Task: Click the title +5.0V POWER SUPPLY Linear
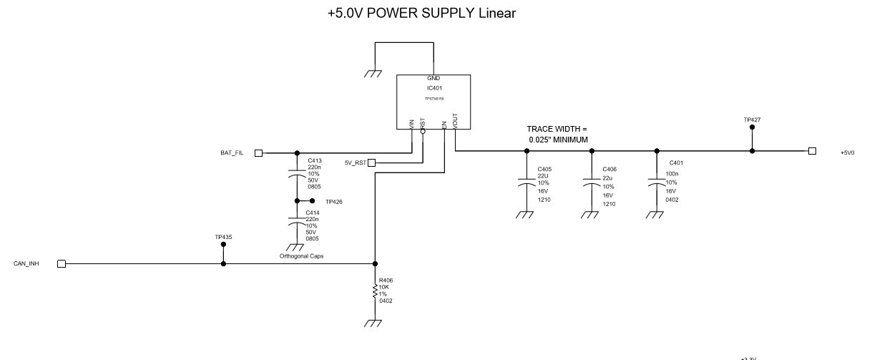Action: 421,14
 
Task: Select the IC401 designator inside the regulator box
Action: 434,88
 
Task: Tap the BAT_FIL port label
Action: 232,153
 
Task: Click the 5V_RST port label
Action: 355,163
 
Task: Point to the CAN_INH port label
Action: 26,264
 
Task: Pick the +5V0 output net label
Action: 848,152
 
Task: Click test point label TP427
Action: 752,120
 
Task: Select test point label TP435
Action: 223,237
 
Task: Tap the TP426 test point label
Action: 334,203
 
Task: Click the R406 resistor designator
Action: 386,281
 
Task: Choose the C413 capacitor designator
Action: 314,161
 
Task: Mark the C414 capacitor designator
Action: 313,213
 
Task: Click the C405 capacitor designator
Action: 544,170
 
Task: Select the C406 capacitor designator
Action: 609,170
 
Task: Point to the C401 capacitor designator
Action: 676,163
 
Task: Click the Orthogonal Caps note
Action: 302,256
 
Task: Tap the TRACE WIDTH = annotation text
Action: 557,129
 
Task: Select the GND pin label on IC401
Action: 434,78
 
